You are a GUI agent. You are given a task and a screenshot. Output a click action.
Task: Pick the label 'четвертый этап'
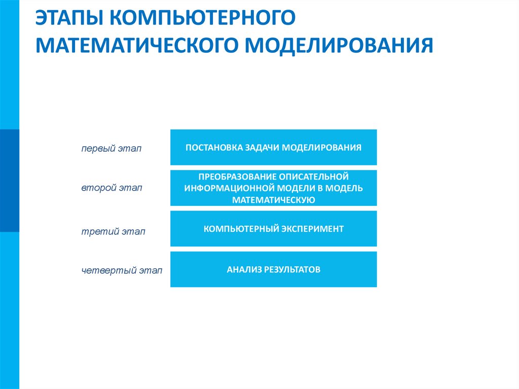122,271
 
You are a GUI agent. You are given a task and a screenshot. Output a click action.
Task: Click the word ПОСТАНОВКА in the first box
213,148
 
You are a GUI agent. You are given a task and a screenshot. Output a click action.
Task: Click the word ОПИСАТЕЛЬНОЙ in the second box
313,176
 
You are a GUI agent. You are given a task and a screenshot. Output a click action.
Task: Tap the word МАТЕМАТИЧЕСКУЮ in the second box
274,200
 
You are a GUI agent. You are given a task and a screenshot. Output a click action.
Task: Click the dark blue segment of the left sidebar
9,181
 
